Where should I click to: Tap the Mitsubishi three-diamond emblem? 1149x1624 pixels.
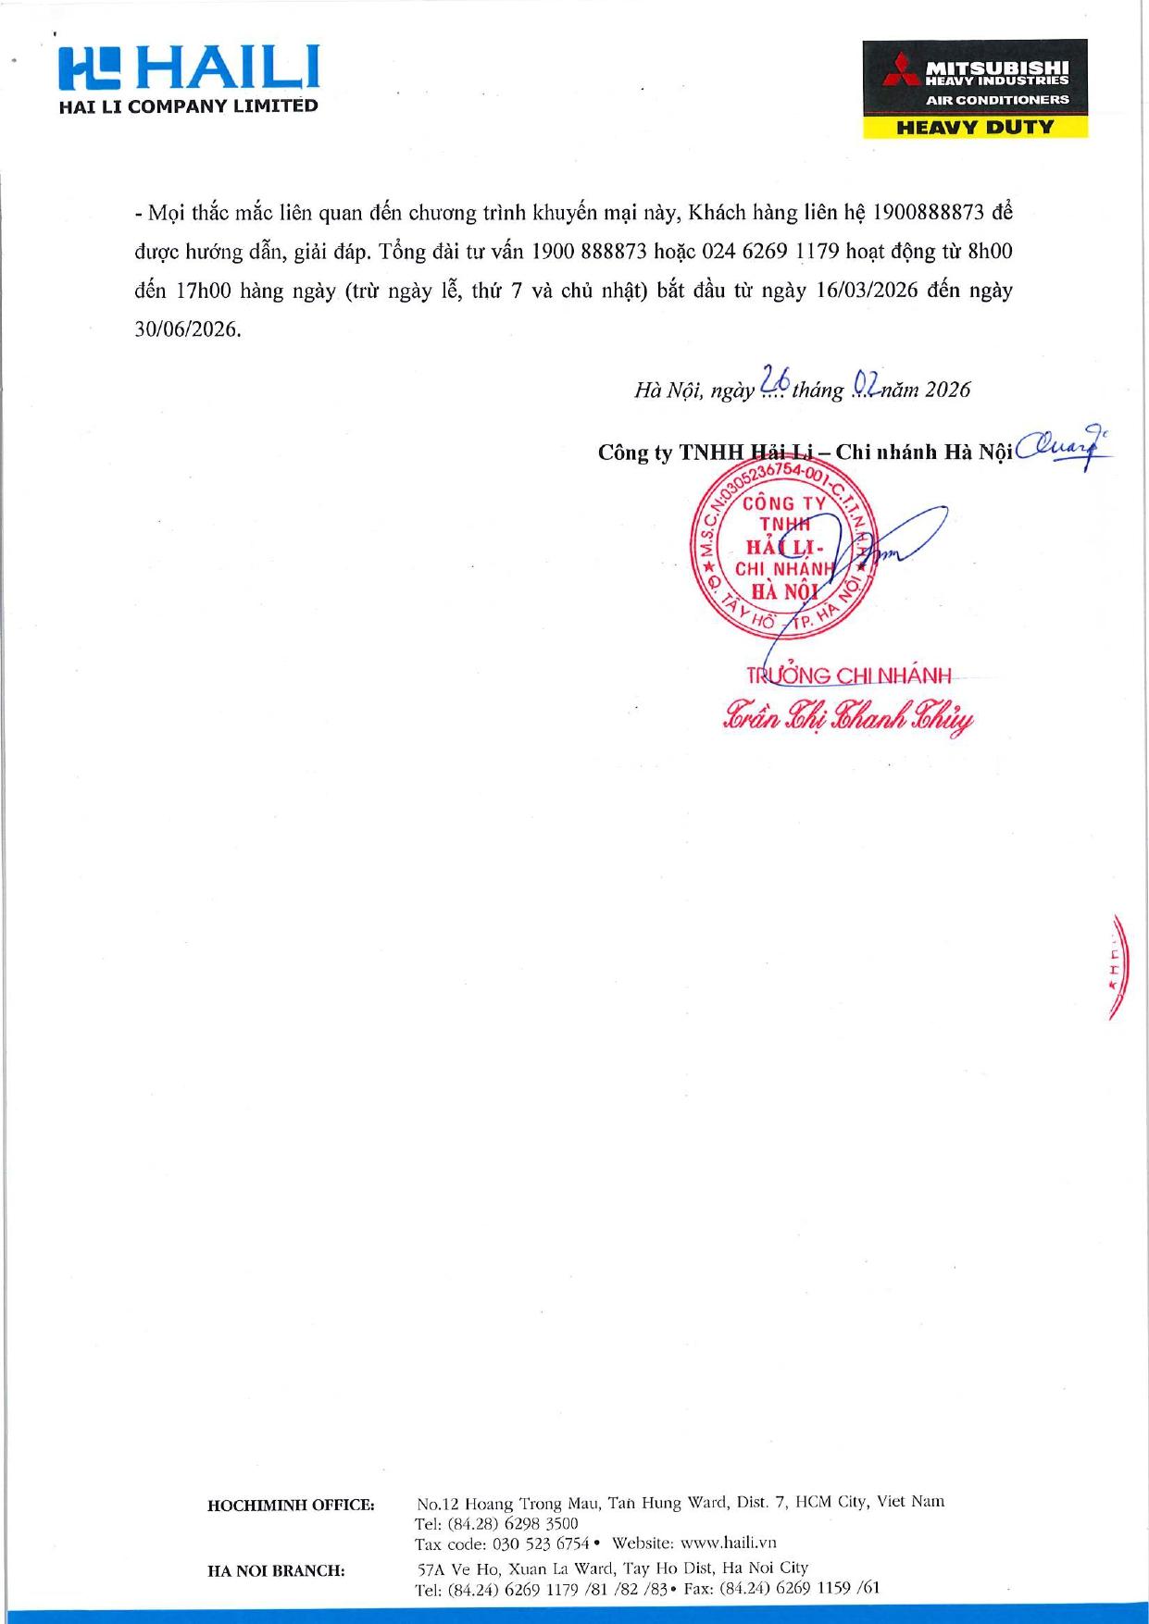(897, 70)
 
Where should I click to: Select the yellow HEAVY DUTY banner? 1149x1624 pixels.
(975, 128)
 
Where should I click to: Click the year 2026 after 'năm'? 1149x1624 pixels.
(947, 391)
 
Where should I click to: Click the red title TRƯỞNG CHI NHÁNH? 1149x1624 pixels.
(848, 676)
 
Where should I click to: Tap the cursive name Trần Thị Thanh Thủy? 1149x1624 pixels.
(847, 718)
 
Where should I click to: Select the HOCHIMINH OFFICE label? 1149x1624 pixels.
(291, 1506)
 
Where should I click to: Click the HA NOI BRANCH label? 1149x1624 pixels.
(276, 1570)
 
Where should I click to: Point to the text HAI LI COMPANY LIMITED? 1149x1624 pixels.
(188, 106)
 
